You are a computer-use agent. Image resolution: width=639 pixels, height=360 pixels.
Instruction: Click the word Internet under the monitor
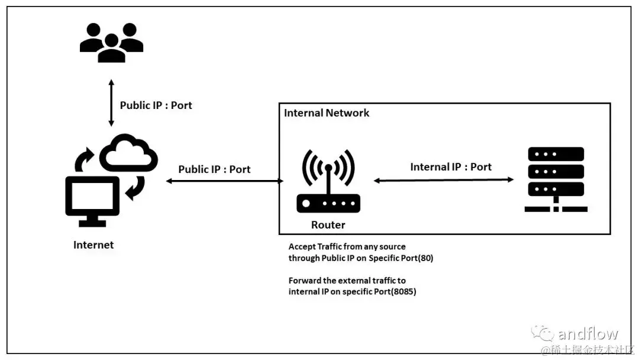pos(93,245)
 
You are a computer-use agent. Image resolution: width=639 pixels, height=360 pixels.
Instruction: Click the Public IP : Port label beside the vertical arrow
pos(156,105)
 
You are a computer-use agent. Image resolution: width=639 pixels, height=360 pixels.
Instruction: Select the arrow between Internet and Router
pos(225,181)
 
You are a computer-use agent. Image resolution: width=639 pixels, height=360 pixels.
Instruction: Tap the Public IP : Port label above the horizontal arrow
pos(214,169)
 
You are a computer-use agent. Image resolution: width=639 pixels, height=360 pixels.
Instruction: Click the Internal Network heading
pos(327,112)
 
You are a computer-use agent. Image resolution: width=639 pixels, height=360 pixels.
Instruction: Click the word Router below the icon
pos(328,225)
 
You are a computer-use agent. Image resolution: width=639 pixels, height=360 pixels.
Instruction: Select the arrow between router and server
pos(444,180)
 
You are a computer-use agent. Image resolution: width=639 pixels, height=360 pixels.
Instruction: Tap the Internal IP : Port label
pos(451,167)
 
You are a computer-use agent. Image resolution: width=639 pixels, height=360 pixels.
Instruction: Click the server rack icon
pos(555,179)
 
